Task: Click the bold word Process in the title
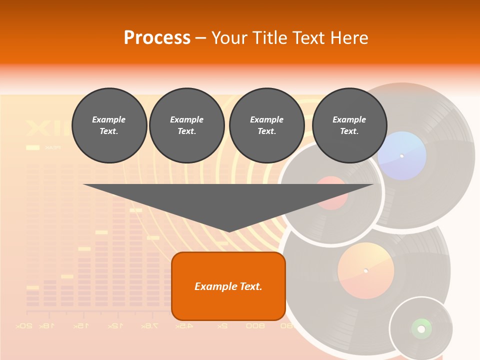pyautogui.click(x=157, y=37)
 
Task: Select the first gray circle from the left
pyautogui.click(x=109, y=125)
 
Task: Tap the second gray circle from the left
pyautogui.click(x=186, y=125)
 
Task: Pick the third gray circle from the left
pyautogui.click(x=266, y=125)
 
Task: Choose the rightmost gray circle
pyautogui.click(x=349, y=125)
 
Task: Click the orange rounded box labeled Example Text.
pyautogui.click(x=228, y=286)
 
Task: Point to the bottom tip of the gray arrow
pyautogui.click(x=229, y=231)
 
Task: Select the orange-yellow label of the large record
pyautogui.click(x=365, y=271)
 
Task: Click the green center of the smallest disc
pyautogui.click(x=421, y=328)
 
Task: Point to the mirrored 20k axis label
pyautogui.click(x=24, y=326)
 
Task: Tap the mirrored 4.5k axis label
pyautogui.click(x=184, y=326)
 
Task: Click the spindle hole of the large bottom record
pyautogui.click(x=365, y=271)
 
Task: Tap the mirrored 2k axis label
pyautogui.click(x=222, y=326)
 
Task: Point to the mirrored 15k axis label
pyautogui.click(x=81, y=326)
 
